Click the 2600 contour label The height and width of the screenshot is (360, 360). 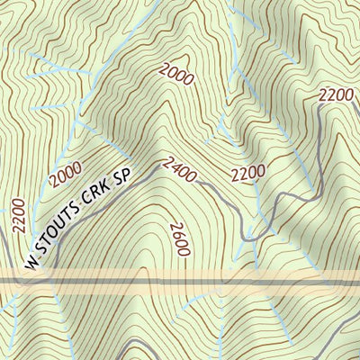pos(178,239)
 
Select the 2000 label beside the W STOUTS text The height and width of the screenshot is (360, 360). pos(66,175)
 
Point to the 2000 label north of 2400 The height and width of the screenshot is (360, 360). pos(176,75)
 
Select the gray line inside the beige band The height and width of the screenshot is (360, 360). pos(180,282)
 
